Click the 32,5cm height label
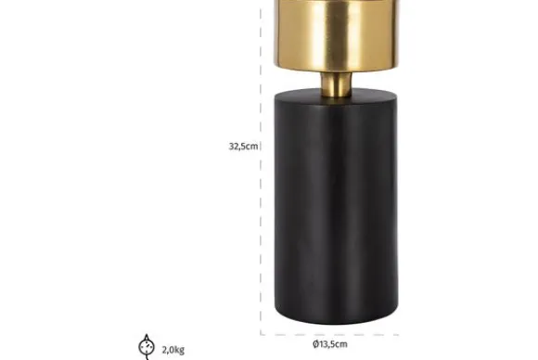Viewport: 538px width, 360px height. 243,147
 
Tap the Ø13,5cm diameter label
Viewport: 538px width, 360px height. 330,344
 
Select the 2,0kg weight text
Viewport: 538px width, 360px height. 173,350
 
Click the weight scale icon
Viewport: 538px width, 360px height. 147,347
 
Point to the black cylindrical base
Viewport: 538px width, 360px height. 336,206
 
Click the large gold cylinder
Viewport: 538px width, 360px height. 336,34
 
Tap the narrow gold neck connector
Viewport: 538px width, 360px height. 336,84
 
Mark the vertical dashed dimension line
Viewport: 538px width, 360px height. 261,172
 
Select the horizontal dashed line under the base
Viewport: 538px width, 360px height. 329,334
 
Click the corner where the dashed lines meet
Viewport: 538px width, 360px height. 261,334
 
